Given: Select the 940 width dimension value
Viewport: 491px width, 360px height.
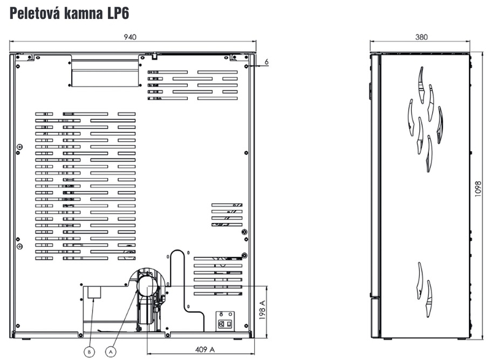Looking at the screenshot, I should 130,37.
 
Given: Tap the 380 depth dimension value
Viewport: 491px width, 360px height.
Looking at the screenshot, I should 421,37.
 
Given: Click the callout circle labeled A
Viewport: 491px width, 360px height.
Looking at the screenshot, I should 111,351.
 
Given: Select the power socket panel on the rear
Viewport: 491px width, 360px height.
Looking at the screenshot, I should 225,321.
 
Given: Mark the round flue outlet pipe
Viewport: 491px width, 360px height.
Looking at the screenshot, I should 147,286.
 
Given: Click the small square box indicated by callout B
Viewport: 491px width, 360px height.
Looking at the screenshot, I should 94,292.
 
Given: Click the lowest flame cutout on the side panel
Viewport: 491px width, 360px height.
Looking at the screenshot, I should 428,294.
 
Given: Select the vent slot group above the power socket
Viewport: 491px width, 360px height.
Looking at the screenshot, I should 218,274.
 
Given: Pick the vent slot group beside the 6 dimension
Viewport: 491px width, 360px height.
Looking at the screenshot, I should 195,84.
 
